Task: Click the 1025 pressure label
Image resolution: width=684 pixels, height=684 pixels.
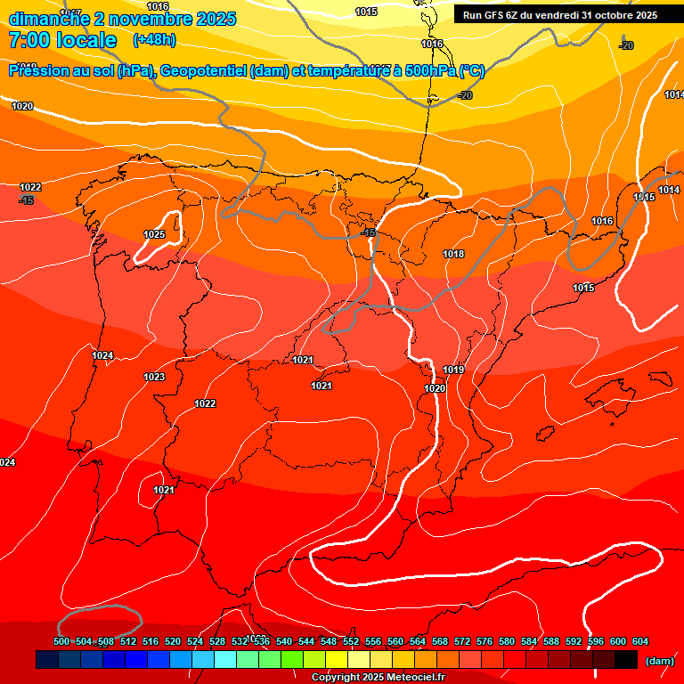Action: click(154, 234)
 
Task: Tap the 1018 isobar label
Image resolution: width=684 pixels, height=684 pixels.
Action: click(453, 254)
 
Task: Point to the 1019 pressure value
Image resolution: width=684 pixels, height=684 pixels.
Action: click(453, 370)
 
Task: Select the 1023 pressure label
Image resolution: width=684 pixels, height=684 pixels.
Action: click(154, 377)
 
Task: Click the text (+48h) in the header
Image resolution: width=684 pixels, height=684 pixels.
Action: click(154, 40)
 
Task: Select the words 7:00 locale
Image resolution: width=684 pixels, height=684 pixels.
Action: click(62, 40)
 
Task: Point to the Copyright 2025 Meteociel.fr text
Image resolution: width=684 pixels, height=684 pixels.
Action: click(378, 677)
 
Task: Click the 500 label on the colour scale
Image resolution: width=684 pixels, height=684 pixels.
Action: click(61, 641)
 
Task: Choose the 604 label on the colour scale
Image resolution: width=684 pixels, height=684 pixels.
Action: click(639, 641)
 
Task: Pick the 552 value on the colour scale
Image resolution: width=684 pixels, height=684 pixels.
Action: click(351, 641)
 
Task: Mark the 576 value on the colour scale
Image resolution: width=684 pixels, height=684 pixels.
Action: click(484, 641)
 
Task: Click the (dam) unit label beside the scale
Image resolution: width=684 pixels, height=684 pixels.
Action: click(659, 661)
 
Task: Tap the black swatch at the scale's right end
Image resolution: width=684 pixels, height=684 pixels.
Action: click(626, 660)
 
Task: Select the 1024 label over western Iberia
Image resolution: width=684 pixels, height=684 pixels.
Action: click(102, 355)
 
